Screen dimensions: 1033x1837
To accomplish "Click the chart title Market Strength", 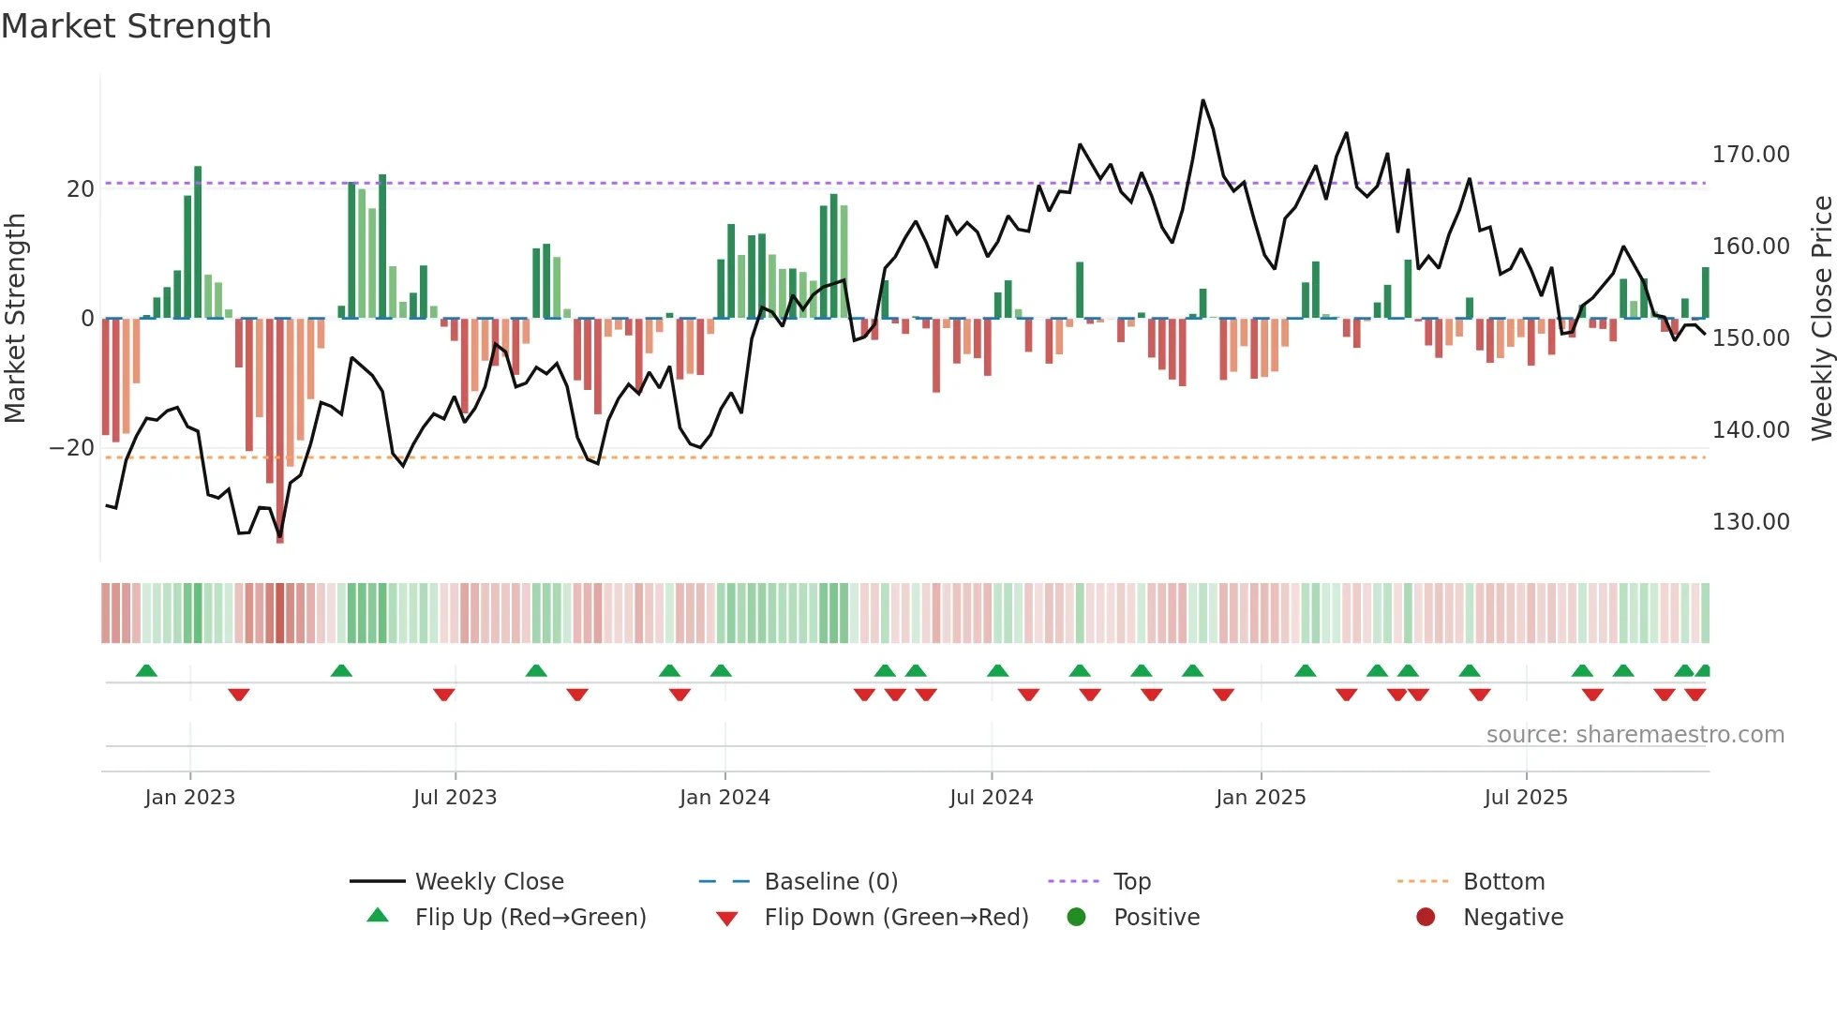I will pos(136,26).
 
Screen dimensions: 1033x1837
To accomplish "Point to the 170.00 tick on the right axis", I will pos(1750,155).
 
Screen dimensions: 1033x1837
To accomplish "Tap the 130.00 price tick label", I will pos(1750,522).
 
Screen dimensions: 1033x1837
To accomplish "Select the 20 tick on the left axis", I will pos(81,189).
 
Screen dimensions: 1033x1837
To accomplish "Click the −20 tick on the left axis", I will pos(72,448).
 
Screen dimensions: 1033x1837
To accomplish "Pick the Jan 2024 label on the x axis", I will pos(724,798).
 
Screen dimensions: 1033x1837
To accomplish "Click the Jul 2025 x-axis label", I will pos(1525,798).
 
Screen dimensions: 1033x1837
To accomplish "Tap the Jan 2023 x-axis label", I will pos(189,798).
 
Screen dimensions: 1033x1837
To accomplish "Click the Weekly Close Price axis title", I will pos(1821,318).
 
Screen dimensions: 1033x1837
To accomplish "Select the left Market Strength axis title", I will pos(15,318).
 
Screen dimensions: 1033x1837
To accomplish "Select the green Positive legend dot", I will pos(1076,918).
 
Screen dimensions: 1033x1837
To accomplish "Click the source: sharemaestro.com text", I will pos(1635,735).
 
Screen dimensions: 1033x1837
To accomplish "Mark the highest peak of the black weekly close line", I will pos(1202,101).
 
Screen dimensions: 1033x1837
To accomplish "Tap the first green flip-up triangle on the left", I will pos(146,670).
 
